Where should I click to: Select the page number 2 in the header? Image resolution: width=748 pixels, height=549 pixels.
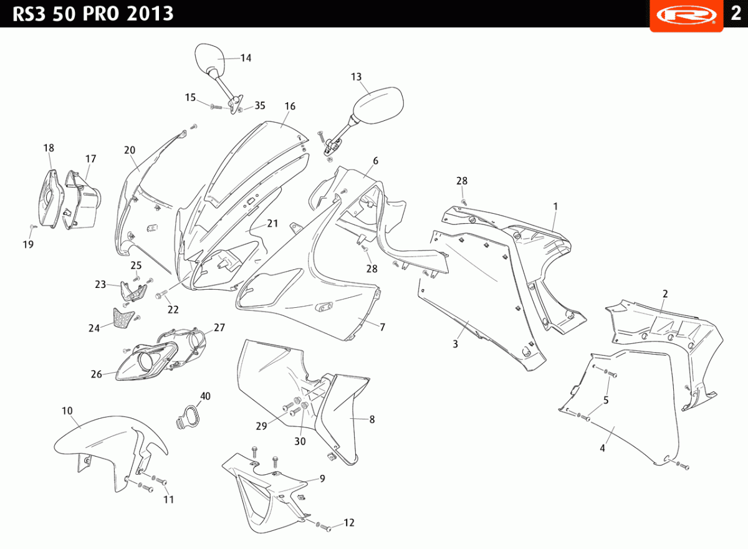pos(736,13)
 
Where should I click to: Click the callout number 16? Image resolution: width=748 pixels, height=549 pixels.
pos(290,107)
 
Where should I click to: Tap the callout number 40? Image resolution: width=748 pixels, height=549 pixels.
pos(205,396)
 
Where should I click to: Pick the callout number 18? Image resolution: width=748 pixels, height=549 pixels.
pos(49,148)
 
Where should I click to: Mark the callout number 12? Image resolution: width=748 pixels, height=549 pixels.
pos(348,522)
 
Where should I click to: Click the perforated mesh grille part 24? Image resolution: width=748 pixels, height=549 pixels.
pos(123,318)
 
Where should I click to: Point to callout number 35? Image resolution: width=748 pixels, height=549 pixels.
pos(260,105)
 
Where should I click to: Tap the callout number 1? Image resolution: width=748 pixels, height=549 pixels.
pos(555,206)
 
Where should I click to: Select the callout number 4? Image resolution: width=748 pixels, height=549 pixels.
pos(602,448)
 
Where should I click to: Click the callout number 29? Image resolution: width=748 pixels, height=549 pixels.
pos(261,426)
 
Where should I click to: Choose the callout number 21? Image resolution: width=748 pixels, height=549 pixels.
pos(272,223)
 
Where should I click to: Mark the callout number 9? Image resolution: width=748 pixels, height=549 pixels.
pos(322,479)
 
